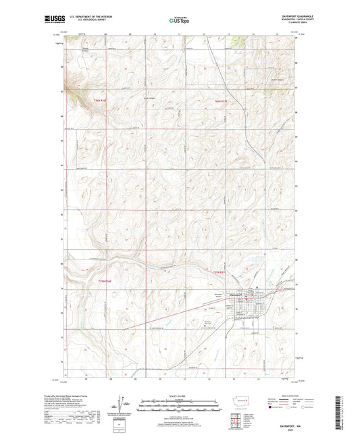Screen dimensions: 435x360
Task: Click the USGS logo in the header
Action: point(51,20)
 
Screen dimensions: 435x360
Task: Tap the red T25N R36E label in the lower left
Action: point(99,280)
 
